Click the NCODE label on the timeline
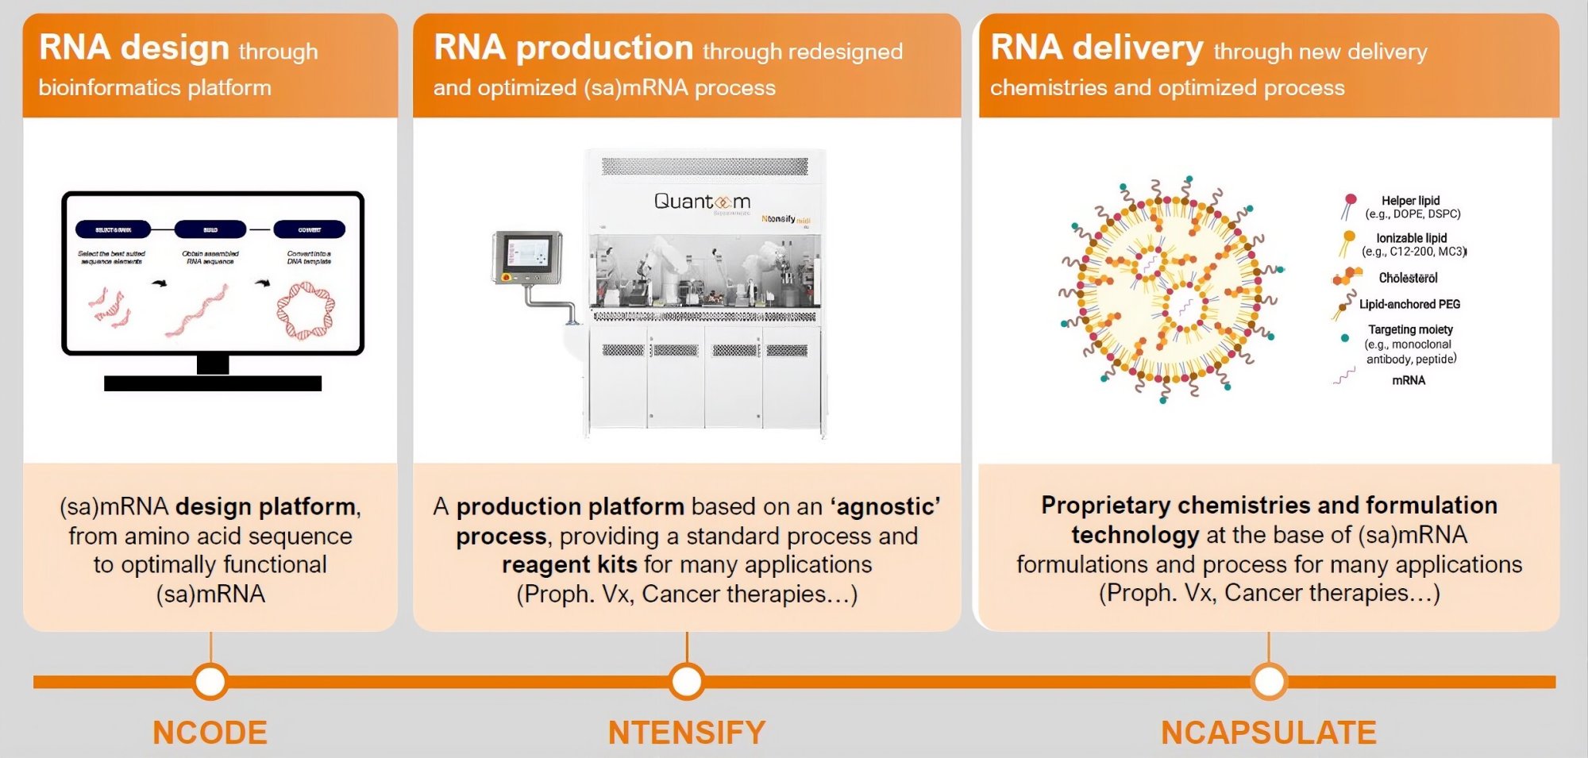[x=210, y=733]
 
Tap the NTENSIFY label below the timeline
[x=687, y=733]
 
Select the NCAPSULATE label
[x=1268, y=733]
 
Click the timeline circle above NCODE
[x=210, y=681]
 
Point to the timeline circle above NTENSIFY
[x=687, y=681]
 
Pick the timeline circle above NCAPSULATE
[x=1269, y=681]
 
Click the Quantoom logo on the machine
[x=702, y=202]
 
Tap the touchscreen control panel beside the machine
[x=526, y=255]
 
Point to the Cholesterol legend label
[x=1408, y=278]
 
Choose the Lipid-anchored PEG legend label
[x=1409, y=304]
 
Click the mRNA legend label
[x=1409, y=380]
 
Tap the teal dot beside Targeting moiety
[x=1344, y=338]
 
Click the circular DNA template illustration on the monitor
[x=306, y=311]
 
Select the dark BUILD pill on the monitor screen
[x=210, y=229]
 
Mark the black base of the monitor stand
[x=213, y=383]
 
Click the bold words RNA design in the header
[x=134, y=48]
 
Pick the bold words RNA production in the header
[x=564, y=48]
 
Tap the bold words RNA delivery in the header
[x=1097, y=48]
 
